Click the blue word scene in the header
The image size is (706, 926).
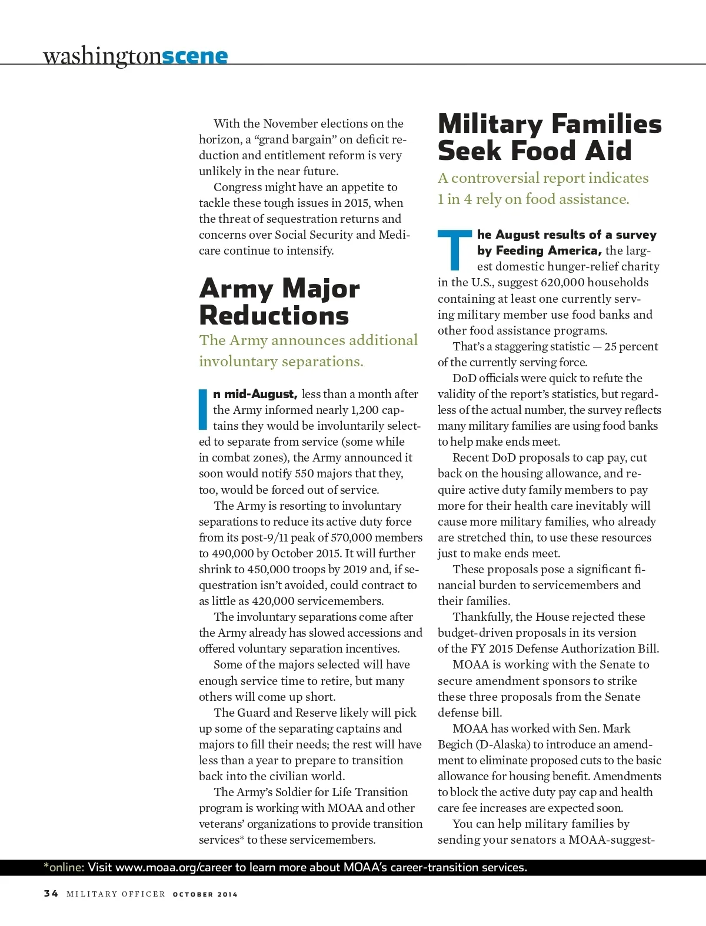pyautogui.click(x=194, y=56)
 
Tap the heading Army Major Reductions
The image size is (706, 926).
pyautogui.click(x=279, y=302)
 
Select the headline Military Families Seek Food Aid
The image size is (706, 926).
pyautogui.click(x=550, y=137)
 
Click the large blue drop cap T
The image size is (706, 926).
pyautogui.click(x=455, y=250)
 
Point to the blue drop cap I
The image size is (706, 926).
pyautogui.click(x=204, y=409)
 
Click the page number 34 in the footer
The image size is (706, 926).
pyautogui.click(x=51, y=894)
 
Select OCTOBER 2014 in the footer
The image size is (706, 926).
pyautogui.click(x=205, y=894)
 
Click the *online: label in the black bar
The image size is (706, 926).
pyautogui.click(x=64, y=867)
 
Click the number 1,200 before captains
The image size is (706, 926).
pyautogui.click(x=364, y=410)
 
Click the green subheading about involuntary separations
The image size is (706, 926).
pyautogui.click(x=308, y=350)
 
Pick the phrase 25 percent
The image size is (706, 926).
pyautogui.click(x=631, y=346)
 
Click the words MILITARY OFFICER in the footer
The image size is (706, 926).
pyautogui.click(x=116, y=894)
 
